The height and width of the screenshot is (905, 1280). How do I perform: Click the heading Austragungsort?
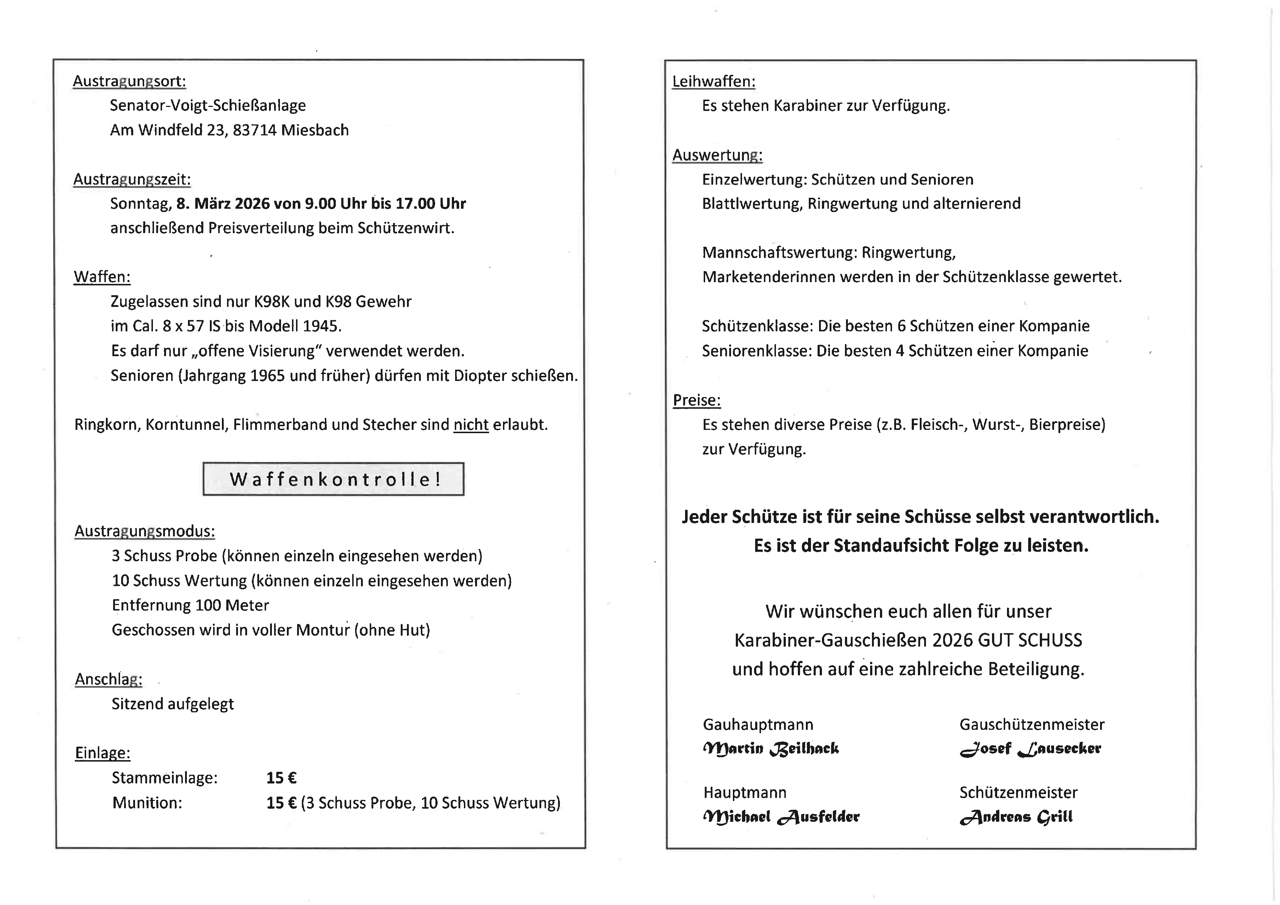(x=129, y=81)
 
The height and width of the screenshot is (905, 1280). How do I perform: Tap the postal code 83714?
(x=254, y=130)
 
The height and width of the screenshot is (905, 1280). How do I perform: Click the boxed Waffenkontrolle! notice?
(x=333, y=479)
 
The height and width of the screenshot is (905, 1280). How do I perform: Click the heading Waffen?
(x=102, y=277)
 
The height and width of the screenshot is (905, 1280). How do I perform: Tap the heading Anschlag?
(x=109, y=679)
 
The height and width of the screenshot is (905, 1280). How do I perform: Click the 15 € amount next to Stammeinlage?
(x=281, y=778)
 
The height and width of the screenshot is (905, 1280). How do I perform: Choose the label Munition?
(x=147, y=803)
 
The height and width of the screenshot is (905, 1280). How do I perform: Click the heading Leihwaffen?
(x=714, y=81)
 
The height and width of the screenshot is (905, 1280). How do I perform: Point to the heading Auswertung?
(x=717, y=155)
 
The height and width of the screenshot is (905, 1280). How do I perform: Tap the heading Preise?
(x=696, y=400)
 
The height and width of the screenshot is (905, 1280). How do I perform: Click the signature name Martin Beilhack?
(x=770, y=749)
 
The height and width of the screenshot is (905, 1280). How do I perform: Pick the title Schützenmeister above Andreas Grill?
(x=1018, y=793)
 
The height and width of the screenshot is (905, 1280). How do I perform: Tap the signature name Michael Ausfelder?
(x=781, y=817)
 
